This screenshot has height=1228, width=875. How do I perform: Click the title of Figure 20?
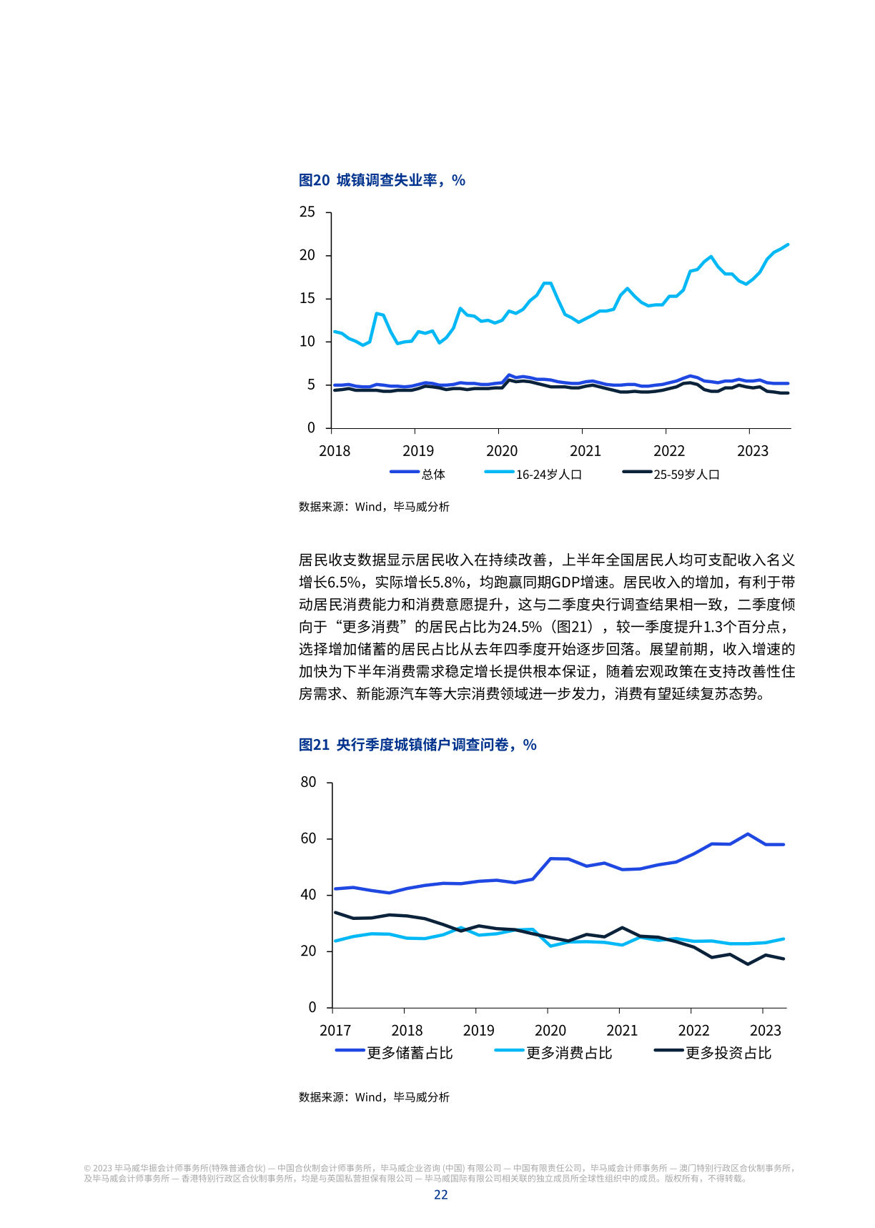[x=382, y=180]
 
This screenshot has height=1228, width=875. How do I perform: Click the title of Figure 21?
[x=417, y=745]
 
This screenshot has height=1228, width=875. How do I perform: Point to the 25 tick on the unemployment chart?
[x=307, y=212]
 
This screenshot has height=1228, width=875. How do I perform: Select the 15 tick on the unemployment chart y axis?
[x=307, y=299]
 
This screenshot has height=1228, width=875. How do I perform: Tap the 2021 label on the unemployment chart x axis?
[x=585, y=451]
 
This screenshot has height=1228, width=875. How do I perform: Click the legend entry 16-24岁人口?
[x=548, y=475]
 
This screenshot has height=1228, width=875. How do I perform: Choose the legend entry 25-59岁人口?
[x=686, y=475]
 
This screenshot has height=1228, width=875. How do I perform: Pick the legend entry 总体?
[x=432, y=475]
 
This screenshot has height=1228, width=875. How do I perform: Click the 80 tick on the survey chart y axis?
[x=308, y=783]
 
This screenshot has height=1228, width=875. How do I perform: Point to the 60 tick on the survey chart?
[x=308, y=838]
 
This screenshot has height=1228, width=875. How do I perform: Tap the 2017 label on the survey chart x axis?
[x=335, y=1031]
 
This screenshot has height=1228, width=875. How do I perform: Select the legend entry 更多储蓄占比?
[x=409, y=1053]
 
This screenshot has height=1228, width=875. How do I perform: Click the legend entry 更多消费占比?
[x=568, y=1053]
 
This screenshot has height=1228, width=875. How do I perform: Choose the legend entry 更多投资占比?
[x=728, y=1053]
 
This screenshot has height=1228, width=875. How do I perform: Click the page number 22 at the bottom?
[x=440, y=1195]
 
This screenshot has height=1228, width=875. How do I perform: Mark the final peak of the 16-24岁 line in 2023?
[x=788, y=244]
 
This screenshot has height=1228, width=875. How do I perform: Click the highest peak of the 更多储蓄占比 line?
[x=748, y=834]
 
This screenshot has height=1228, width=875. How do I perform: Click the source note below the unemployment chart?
[x=374, y=507]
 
